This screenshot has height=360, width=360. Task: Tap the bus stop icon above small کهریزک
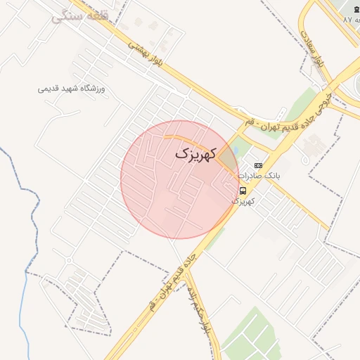tap(243, 191)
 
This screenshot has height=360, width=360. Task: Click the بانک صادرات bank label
tap(258, 175)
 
